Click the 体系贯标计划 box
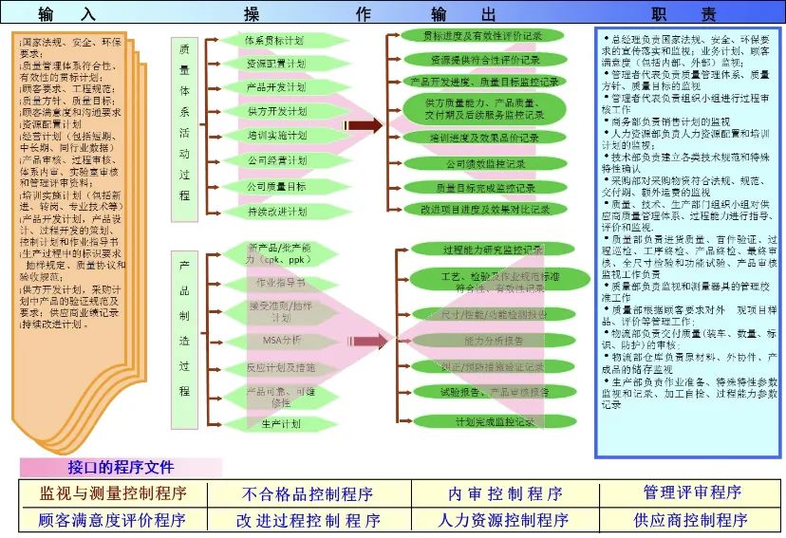point(275,41)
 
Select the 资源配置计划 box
point(275,64)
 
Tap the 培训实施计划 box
point(275,136)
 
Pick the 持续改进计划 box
point(275,211)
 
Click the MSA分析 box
point(280,340)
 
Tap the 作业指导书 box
point(280,283)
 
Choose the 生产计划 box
point(280,423)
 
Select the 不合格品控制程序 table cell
point(308,494)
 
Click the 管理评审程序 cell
point(692,492)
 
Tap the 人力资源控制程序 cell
point(504,520)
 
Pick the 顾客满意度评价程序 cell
point(112,520)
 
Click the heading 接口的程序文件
point(121,467)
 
